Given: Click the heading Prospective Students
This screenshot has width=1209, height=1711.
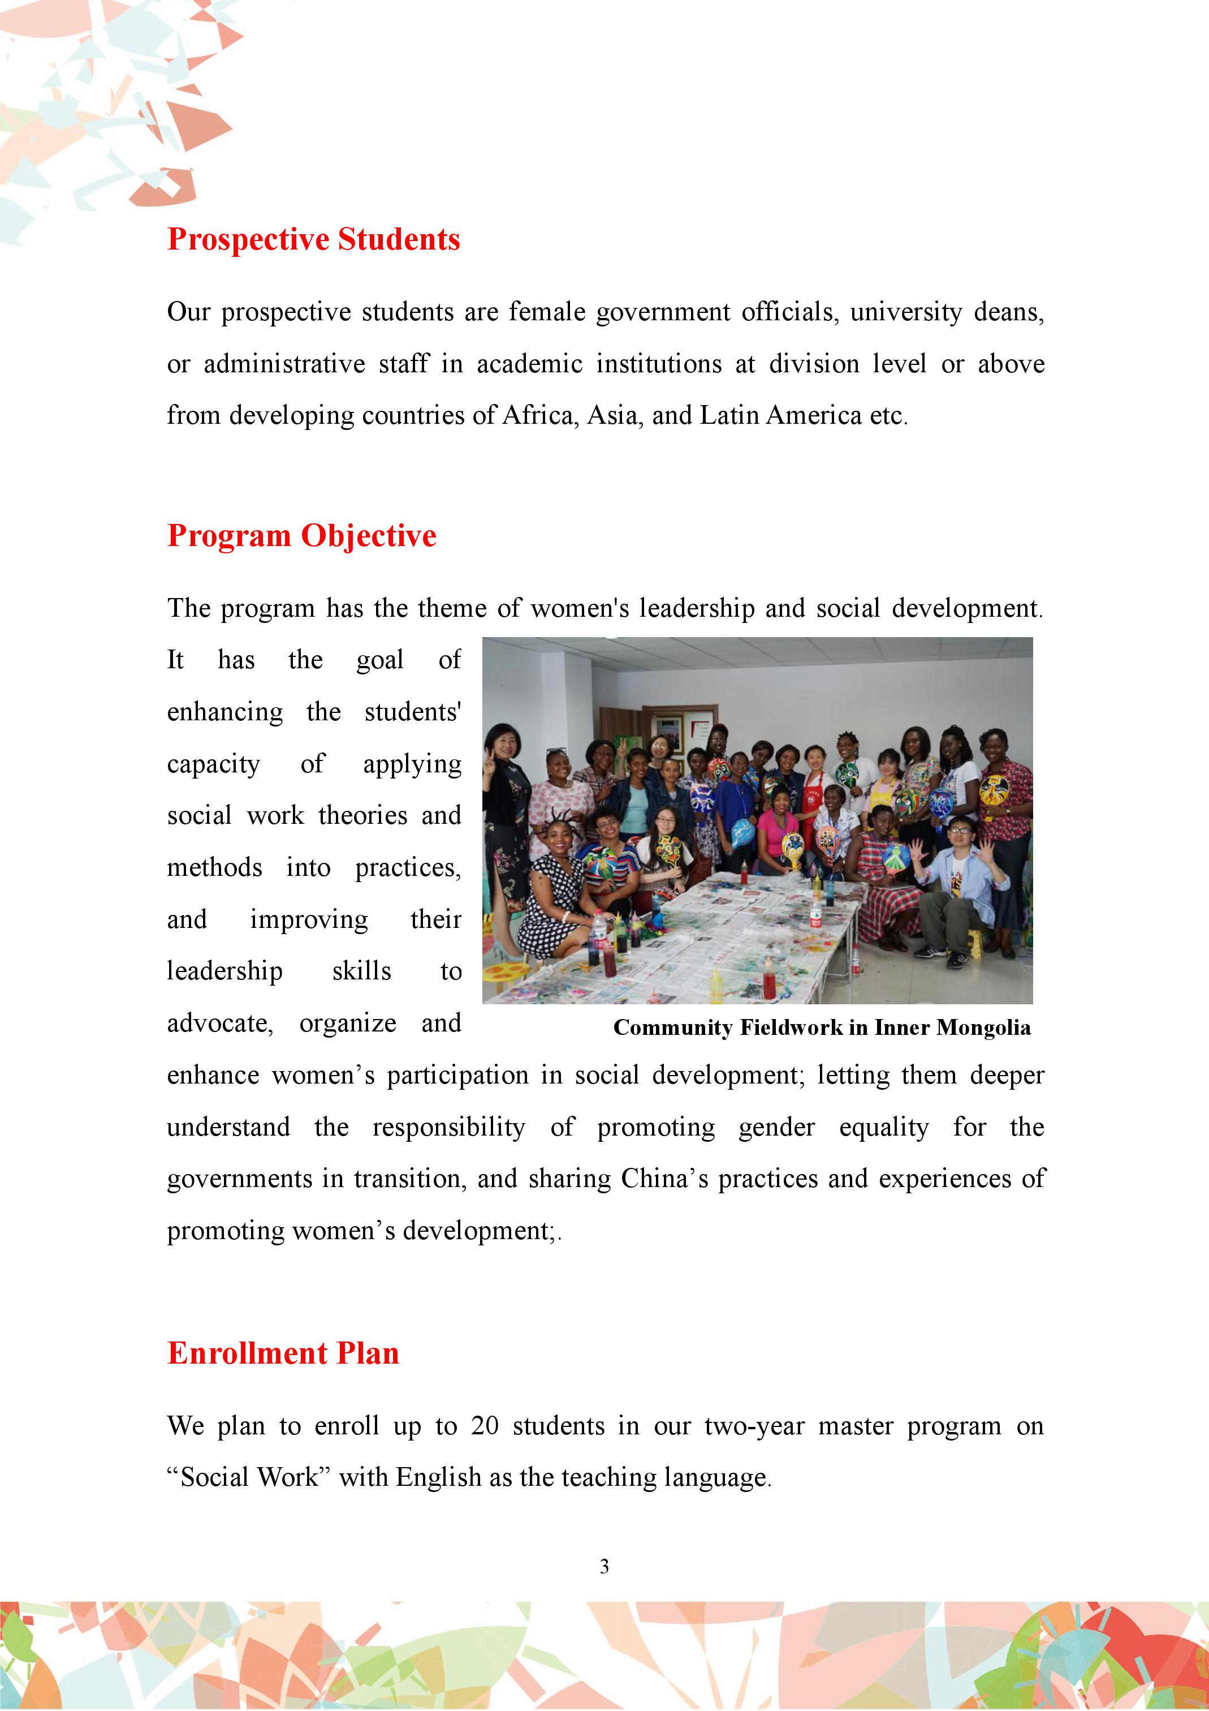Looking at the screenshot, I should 314,239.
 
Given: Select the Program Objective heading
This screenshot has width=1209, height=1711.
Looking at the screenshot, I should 302,536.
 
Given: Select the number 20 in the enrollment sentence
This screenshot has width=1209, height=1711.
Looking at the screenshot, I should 484,1426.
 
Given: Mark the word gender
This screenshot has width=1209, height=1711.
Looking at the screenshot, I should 776,1128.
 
